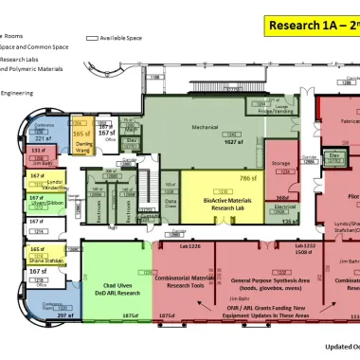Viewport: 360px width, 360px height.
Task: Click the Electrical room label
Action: [x=285, y=206]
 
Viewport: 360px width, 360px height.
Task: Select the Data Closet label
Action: [x=171, y=203]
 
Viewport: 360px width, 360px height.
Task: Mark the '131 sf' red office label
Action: [x=38, y=151]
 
